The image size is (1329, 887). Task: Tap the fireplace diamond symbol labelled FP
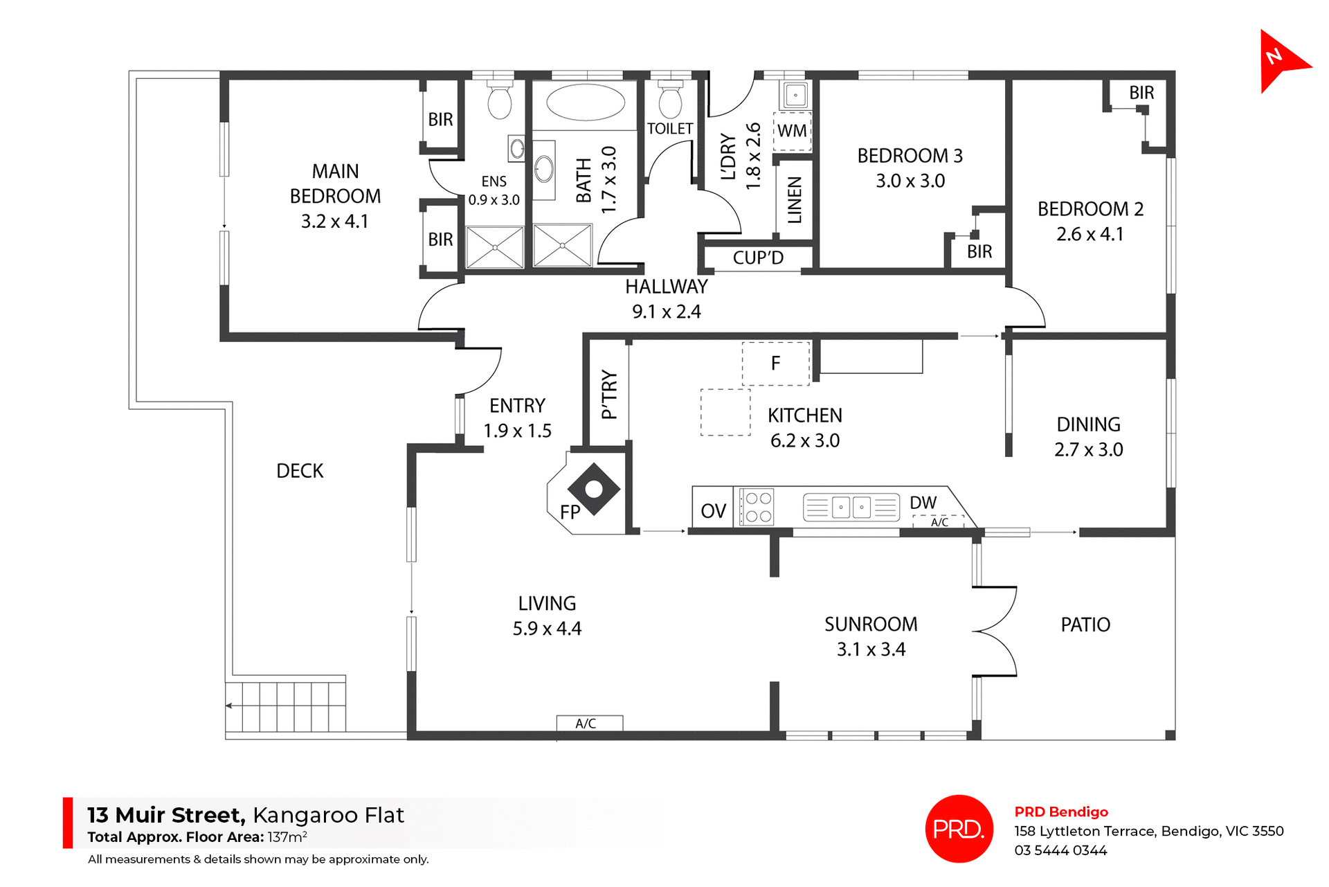pos(593,490)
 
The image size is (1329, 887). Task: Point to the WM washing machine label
pos(792,131)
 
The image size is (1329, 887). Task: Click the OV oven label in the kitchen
pos(713,511)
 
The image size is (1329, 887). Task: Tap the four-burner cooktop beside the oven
pos(757,507)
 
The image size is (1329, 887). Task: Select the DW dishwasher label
pos(923,503)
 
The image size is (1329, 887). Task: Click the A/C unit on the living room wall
pos(589,723)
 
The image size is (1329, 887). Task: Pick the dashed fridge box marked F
pos(776,364)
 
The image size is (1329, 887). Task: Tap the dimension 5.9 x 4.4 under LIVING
pos(547,629)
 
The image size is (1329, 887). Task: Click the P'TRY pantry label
pos(608,394)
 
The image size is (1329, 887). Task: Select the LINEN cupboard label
pos(795,199)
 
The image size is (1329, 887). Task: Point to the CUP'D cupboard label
pos(758,258)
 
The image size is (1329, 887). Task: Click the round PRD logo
pos(959,828)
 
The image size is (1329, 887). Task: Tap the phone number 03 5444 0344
pos(1060,850)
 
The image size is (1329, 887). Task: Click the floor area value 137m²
pos(287,836)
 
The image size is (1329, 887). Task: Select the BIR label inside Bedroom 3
pos(979,251)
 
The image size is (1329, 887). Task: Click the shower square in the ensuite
pos(495,247)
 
